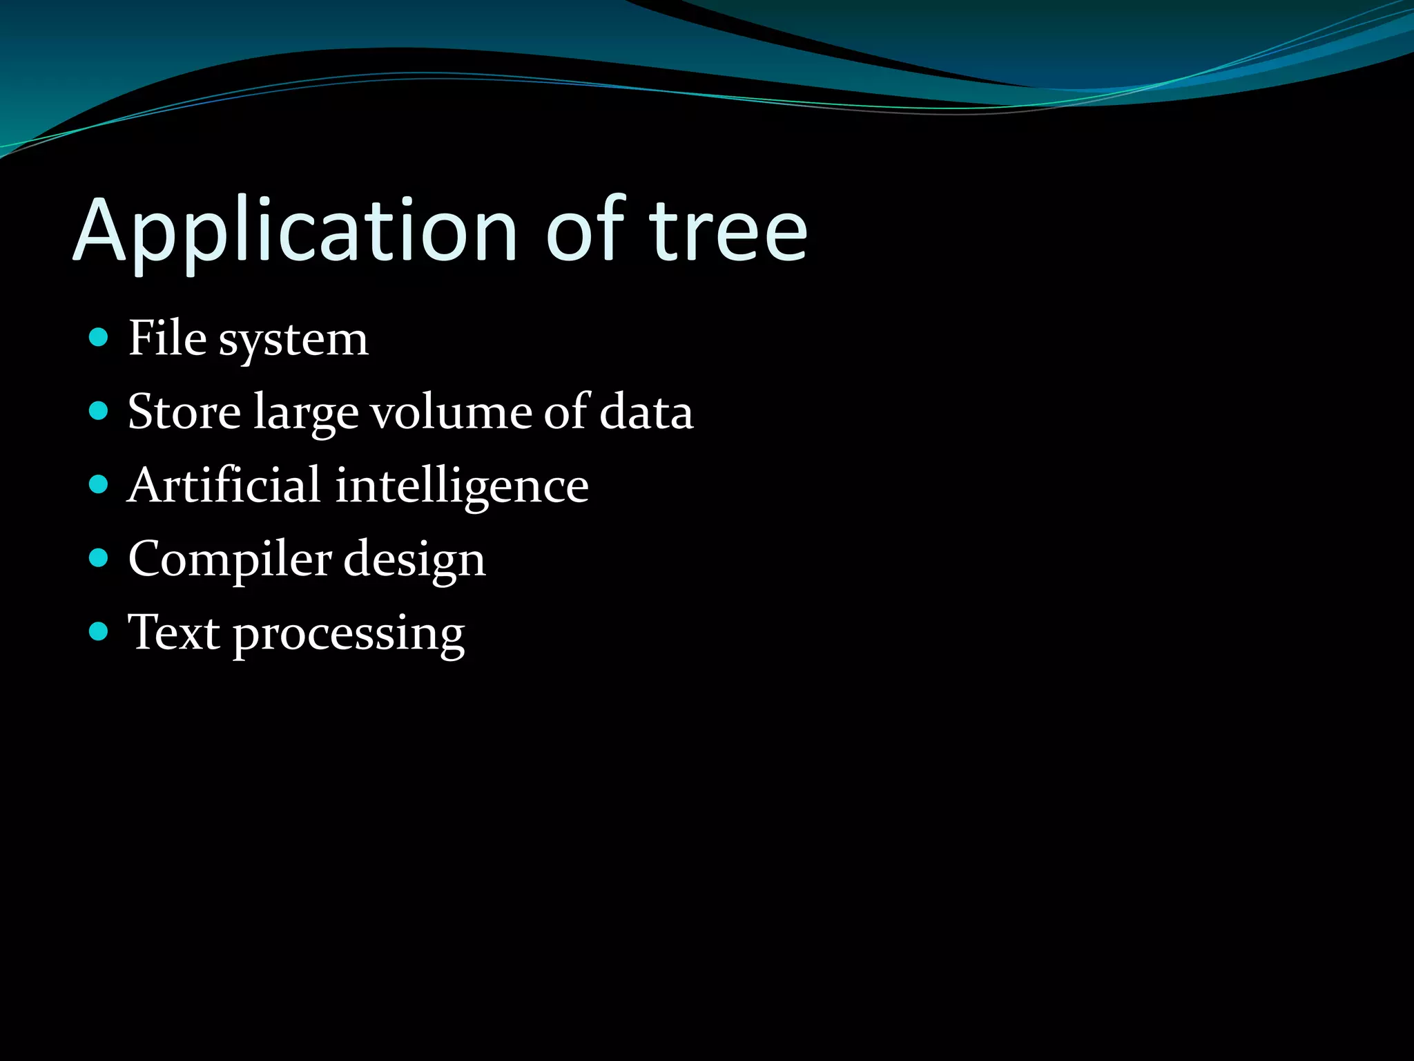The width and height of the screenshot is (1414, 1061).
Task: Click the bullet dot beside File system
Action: (x=99, y=338)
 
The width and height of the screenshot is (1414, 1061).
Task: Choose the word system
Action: (x=293, y=341)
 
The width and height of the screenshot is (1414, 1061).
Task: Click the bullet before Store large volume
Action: (x=99, y=412)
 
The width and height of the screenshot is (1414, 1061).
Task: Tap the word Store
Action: (x=184, y=412)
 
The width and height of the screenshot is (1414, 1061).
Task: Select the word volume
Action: (x=452, y=412)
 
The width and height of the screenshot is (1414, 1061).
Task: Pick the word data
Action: (x=646, y=412)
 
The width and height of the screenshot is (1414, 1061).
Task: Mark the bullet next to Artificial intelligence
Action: (x=99, y=485)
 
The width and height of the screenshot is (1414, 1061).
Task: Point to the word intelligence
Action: (x=462, y=488)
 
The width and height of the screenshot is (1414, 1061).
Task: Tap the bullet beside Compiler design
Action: (x=99, y=558)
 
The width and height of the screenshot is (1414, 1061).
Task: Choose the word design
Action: (x=414, y=561)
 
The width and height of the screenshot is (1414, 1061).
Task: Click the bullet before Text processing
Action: (x=99, y=631)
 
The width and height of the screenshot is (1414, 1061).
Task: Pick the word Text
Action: (x=175, y=632)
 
